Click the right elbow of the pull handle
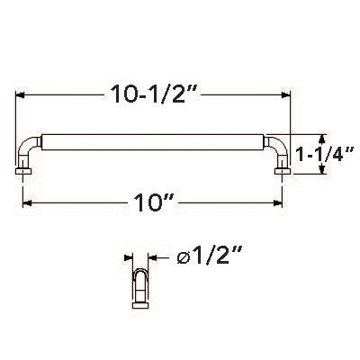click(277, 146)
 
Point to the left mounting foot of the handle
click(22, 166)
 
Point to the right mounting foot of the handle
click(284, 166)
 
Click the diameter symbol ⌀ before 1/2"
click(182, 259)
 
